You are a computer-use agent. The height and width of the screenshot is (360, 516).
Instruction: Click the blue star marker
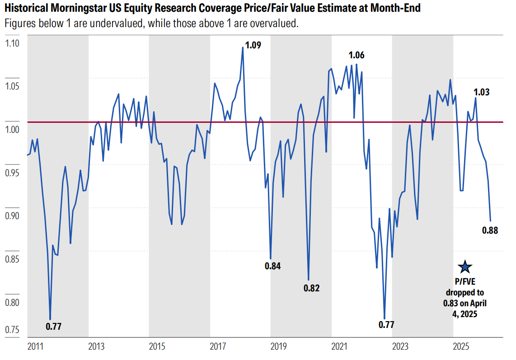464,267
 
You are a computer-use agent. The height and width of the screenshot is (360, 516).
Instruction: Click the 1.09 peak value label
253,45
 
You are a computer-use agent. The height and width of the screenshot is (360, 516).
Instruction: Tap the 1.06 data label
356,56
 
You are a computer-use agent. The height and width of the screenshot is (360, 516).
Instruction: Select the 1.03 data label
482,92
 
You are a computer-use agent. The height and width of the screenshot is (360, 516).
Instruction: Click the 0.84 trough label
272,266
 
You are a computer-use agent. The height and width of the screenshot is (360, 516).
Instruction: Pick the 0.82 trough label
311,288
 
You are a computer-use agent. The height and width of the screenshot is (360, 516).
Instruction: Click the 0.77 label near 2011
53,326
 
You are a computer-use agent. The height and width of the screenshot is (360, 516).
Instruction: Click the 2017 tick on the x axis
218,346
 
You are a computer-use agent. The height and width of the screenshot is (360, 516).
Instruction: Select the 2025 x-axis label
461,346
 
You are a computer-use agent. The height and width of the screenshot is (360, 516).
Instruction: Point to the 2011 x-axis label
35,346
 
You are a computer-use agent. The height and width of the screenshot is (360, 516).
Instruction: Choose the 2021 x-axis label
339,346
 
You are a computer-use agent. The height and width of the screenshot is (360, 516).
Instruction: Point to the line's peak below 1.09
243,47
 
